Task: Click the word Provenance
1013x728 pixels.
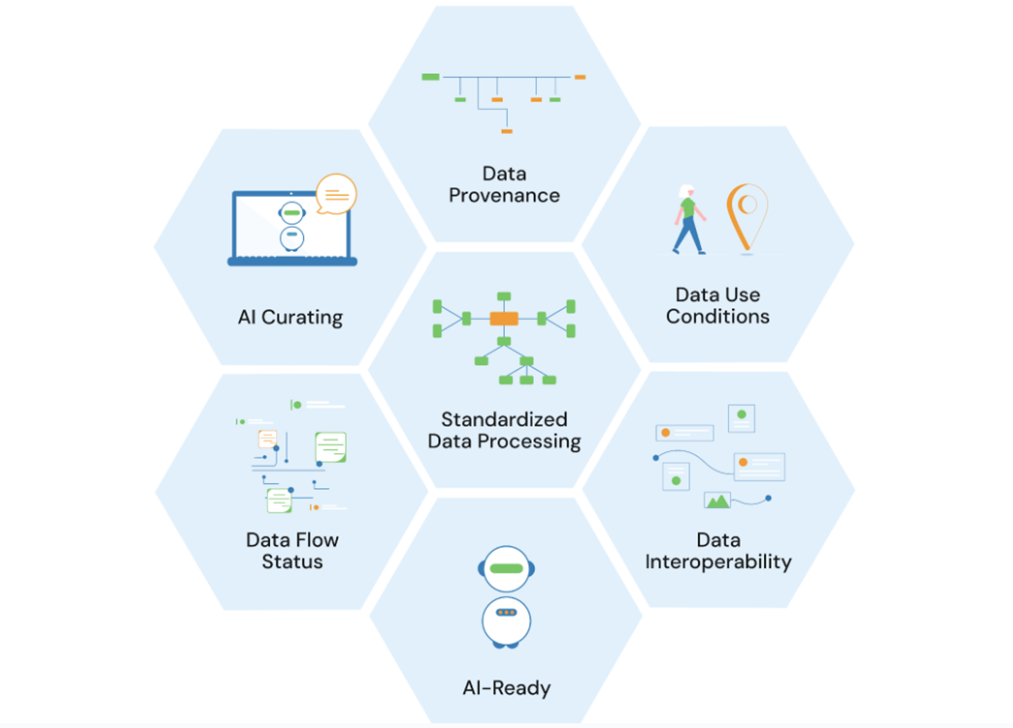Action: (504, 195)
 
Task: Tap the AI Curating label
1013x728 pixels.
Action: (290, 317)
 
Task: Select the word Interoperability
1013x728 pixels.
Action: (718, 562)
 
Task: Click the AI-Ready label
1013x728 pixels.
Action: (506, 688)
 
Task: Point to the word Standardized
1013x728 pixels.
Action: (504, 419)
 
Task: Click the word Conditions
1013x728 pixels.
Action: (718, 317)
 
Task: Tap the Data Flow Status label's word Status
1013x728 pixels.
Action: (292, 562)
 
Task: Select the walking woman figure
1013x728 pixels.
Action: (689, 219)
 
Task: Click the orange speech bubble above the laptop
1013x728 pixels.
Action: (336, 194)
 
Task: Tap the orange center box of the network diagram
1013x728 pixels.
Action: (504, 318)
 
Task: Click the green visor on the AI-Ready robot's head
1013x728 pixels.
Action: (506, 569)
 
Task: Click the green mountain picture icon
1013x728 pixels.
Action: (717, 500)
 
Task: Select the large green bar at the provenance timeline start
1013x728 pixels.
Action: (430, 77)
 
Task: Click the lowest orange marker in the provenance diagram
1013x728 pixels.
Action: (506, 131)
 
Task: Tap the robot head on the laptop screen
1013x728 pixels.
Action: (292, 213)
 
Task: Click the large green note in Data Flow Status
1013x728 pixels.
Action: (330, 447)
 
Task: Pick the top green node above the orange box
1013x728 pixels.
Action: (504, 296)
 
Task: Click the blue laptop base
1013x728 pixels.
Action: (292, 261)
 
